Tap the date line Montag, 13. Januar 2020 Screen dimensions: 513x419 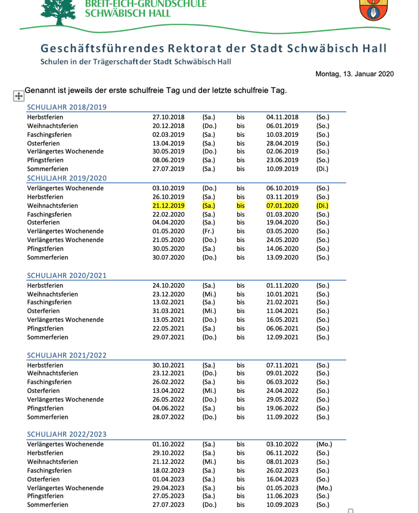354,74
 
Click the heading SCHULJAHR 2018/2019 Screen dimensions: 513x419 67,107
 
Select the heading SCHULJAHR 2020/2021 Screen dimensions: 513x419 67,275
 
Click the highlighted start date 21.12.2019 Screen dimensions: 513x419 168,206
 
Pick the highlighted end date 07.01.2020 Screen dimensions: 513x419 283,206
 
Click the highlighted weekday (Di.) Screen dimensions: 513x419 322,206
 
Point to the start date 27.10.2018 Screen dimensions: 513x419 168,117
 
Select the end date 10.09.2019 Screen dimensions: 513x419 283,169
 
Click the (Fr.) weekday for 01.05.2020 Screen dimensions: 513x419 208,231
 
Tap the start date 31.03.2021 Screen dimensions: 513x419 168,311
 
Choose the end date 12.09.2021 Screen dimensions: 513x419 283,337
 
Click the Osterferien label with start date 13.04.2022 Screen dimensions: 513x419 43,391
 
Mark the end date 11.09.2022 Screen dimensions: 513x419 283,417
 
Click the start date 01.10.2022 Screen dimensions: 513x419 168,444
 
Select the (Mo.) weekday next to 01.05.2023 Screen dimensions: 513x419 324,488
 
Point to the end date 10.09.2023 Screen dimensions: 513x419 283,505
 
